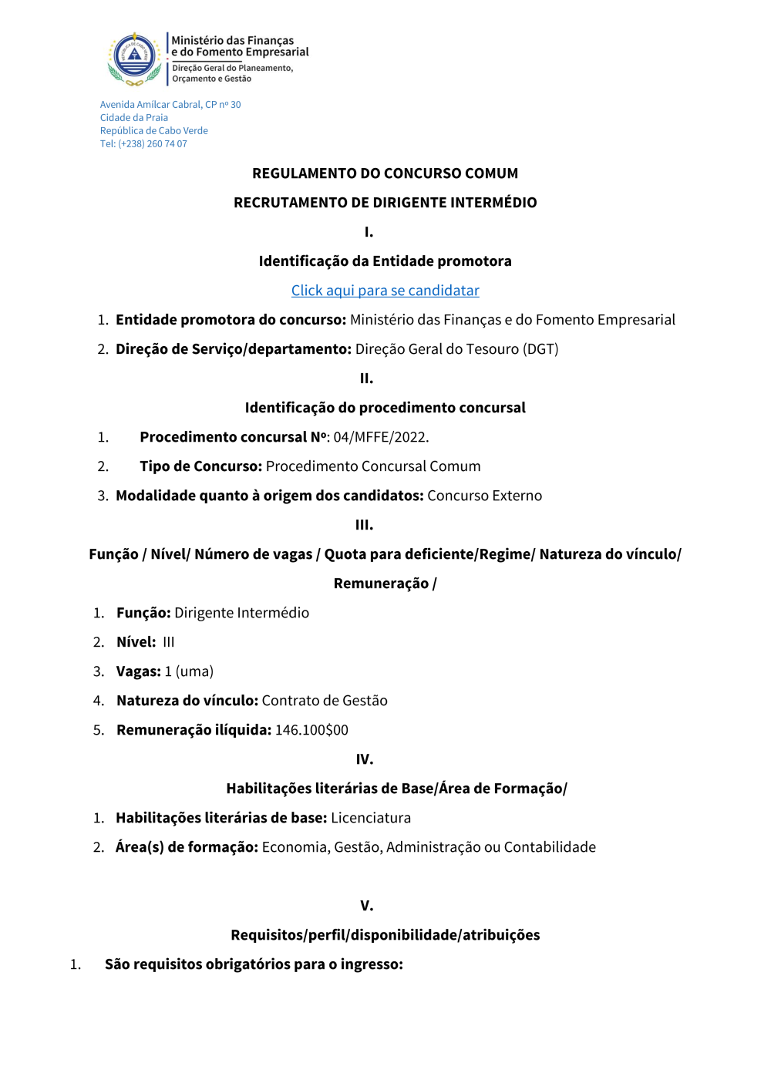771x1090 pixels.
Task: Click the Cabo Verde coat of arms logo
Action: (x=135, y=58)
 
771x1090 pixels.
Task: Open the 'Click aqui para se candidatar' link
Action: (x=385, y=291)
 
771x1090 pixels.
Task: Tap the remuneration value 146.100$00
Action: (x=311, y=730)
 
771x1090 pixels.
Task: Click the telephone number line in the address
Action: (x=143, y=144)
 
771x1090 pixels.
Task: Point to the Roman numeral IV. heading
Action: (x=365, y=759)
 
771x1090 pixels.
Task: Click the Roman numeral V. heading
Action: (x=367, y=906)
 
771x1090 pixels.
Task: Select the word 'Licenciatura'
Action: (x=371, y=818)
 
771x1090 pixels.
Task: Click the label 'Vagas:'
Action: (x=139, y=671)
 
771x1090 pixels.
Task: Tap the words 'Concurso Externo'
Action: (x=484, y=496)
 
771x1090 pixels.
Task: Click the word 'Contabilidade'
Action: (x=550, y=847)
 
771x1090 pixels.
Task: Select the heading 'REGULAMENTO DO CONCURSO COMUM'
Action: (x=385, y=173)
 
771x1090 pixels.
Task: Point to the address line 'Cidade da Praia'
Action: (x=134, y=118)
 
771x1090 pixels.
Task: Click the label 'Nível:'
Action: (x=136, y=642)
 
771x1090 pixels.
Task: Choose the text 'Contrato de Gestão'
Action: (x=325, y=701)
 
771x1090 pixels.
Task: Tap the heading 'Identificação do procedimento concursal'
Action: (x=385, y=408)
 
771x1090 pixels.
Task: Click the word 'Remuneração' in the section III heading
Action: (x=381, y=584)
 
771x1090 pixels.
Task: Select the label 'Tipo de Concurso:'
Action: (x=200, y=466)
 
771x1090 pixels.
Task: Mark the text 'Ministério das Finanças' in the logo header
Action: (x=232, y=40)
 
